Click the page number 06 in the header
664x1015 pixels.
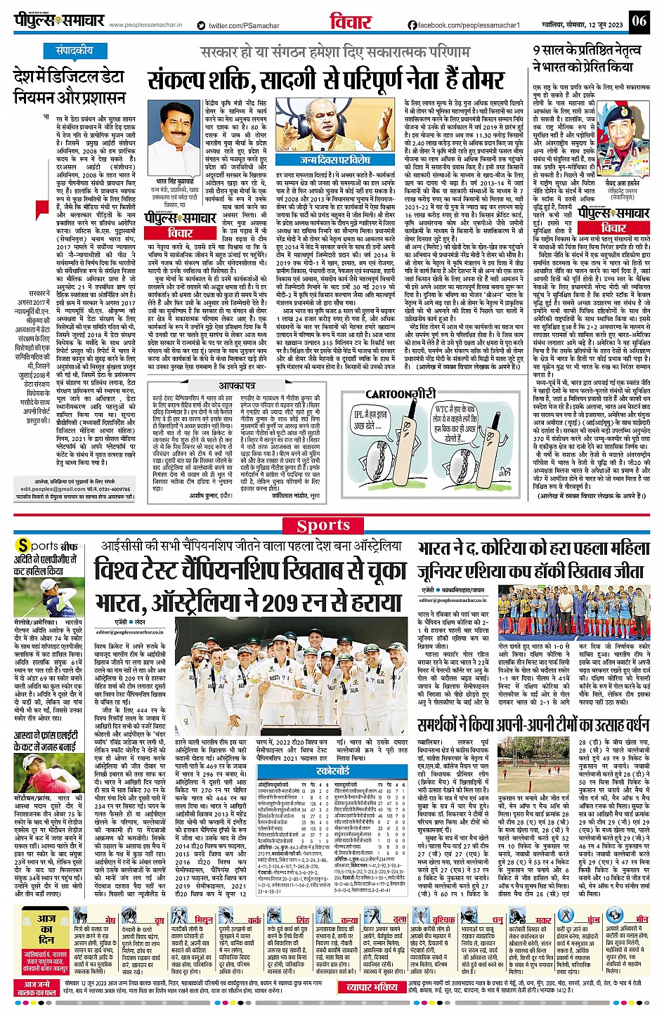(x=639, y=20)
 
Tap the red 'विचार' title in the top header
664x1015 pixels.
(x=350, y=22)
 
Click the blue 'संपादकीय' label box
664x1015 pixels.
(x=74, y=51)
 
